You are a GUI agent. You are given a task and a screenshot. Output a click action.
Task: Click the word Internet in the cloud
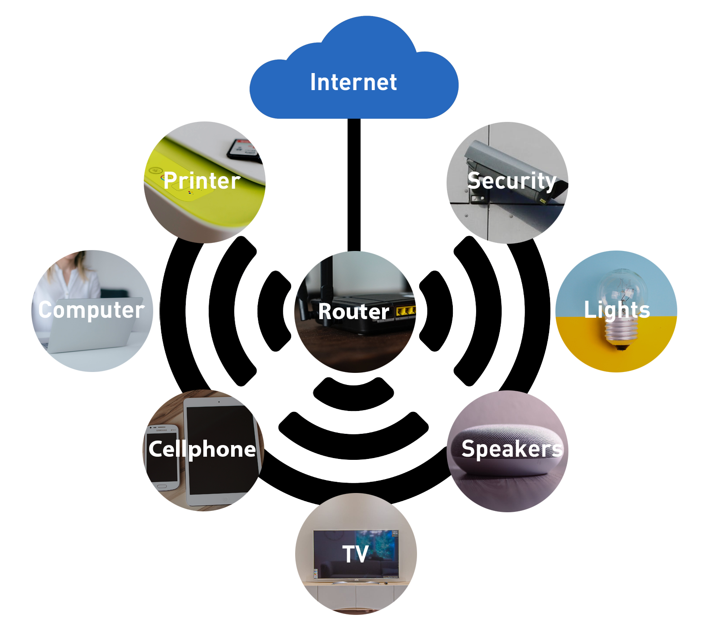pyautogui.click(x=353, y=82)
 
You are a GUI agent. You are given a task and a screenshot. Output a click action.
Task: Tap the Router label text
pyautogui.click(x=353, y=311)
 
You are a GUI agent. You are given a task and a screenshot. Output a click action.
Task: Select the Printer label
pyautogui.click(x=202, y=181)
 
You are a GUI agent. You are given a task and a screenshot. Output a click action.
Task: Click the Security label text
pyautogui.click(x=512, y=181)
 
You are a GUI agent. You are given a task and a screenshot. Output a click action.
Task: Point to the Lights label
pyautogui.click(x=617, y=310)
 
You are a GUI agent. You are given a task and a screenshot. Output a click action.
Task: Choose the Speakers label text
pyautogui.click(x=512, y=449)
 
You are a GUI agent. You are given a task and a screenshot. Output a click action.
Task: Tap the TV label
pyautogui.click(x=355, y=554)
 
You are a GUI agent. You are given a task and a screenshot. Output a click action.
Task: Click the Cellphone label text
pyautogui.click(x=202, y=449)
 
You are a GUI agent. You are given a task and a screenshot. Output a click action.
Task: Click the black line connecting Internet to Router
pyautogui.click(x=354, y=184)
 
